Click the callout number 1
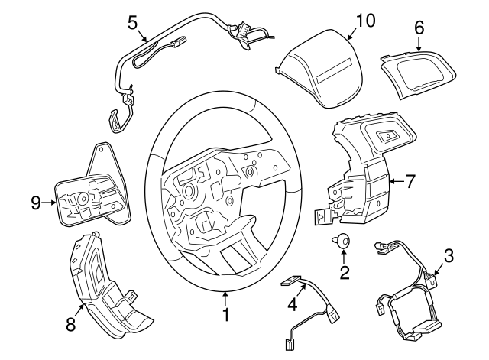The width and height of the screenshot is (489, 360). [225, 313]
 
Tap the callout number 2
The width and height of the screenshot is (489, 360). [345, 271]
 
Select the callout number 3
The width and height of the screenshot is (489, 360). [449, 255]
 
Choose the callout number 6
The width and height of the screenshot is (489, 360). [419, 27]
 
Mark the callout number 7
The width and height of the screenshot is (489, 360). [410, 182]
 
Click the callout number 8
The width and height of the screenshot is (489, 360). [70, 324]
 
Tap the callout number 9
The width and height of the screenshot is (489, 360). [35, 203]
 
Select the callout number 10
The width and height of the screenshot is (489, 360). [366, 21]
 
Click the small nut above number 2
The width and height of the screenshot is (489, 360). [342, 242]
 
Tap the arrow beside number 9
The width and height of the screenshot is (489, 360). [49, 203]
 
